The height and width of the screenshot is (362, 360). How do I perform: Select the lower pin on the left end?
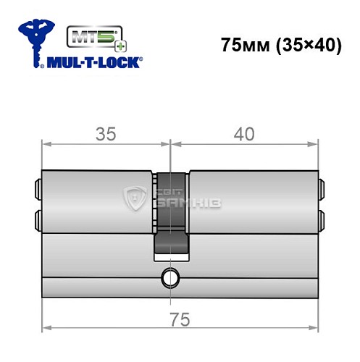(37, 217)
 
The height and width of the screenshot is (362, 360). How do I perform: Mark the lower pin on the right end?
(322, 217)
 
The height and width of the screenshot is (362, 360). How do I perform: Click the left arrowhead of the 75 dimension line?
(46, 328)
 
